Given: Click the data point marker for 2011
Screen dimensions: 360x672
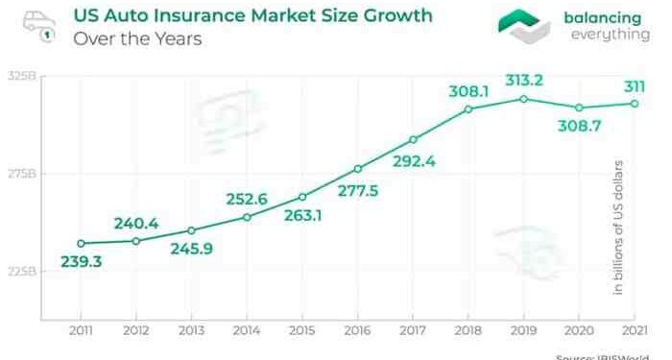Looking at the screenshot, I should pyautogui.click(x=81, y=244).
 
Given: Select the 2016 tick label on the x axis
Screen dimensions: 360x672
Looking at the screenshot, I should pyautogui.click(x=357, y=330).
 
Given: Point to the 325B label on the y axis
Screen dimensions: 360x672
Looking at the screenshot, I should pyautogui.click(x=21, y=77).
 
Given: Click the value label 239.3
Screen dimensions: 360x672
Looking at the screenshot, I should pyautogui.click(x=81, y=261).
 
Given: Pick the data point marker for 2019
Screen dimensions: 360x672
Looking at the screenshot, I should pyautogui.click(x=523, y=99).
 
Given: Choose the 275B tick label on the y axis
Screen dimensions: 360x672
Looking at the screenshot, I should pyautogui.click(x=21, y=174).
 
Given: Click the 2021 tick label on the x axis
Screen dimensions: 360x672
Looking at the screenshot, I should pyautogui.click(x=634, y=330).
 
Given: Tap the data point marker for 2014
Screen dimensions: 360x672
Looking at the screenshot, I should pyautogui.click(x=247, y=217).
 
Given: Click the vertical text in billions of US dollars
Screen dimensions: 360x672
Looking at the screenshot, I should pyautogui.click(x=619, y=226).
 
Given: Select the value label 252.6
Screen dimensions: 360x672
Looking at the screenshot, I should pyautogui.click(x=247, y=199).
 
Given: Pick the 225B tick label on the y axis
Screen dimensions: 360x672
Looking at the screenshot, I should pyautogui.click(x=21, y=272).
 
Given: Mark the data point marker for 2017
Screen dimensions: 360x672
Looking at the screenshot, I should pyautogui.click(x=413, y=140).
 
